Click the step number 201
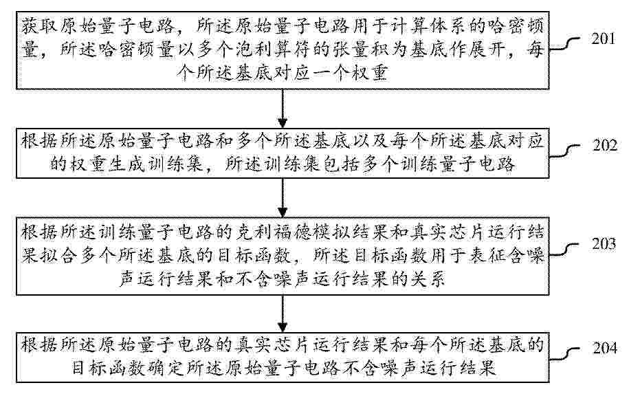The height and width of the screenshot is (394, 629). pyautogui.click(x=603, y=39)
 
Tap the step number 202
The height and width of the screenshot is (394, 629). pyautogui.click(x=604, y=145)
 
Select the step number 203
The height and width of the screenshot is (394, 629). pyautogui.click(x=604, y=243)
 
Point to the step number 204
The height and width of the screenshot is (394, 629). pyautogui.click(x=604, y=347)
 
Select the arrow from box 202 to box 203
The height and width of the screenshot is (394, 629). pyautogui.click(x=283, y=198)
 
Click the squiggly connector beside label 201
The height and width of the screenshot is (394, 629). pyautogui.click(x=564, y=44)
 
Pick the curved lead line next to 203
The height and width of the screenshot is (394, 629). pyautogui.click(x=564, y=250)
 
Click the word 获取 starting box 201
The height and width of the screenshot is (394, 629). pyautogui.click(x=39, y=27)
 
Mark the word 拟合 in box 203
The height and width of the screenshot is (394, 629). pyautogui.click(x=58, y=256)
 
